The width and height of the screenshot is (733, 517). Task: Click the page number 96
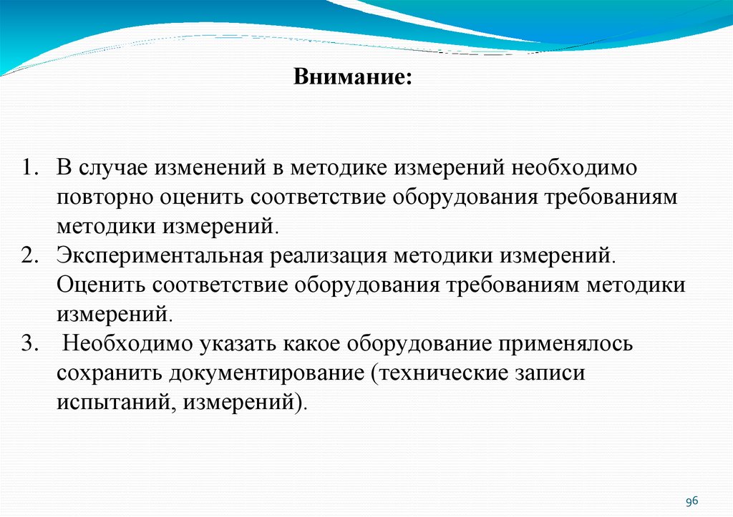pos(692,501)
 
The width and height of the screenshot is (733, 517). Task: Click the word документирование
pos(266,373)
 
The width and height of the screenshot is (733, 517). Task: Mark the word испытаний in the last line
pos(115,402)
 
